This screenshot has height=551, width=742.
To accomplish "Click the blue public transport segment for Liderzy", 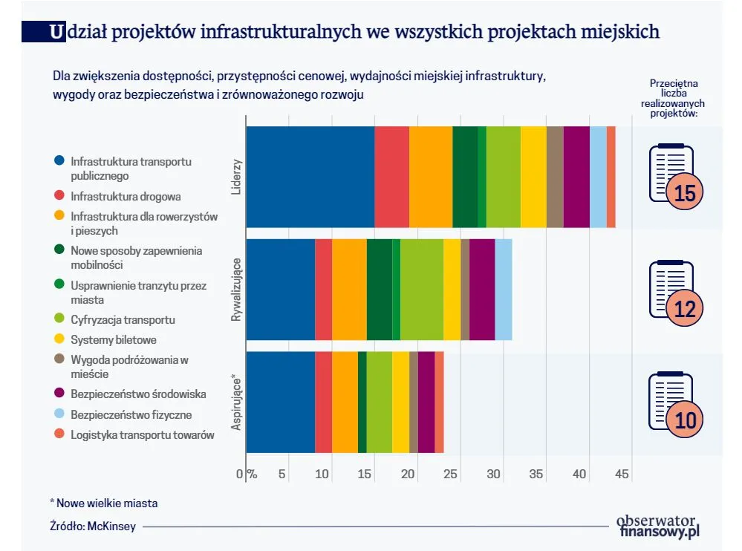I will [310, 177].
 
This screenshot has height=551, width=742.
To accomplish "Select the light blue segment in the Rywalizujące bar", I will [503, 290].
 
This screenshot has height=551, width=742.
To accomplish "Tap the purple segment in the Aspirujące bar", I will [426, 402].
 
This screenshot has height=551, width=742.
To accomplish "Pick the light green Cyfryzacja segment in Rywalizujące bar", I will [421, 290].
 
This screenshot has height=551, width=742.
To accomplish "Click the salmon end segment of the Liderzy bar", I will [611, 177].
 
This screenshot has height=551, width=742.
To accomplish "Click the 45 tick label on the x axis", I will [622, 475].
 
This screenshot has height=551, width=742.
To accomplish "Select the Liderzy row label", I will [236, 177].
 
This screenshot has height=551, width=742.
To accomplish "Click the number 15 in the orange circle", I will [685, 194].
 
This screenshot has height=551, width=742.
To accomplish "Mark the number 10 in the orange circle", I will [685, 420].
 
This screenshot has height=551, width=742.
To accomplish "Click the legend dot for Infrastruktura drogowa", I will [59, 197].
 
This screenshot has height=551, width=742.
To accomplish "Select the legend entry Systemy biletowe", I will [114, 340].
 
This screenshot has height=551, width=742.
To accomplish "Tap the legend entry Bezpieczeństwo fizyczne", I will [131, 414].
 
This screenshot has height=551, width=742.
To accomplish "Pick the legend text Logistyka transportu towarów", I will [143, 435].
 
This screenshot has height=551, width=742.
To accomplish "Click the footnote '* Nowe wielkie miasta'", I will [103, 503].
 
